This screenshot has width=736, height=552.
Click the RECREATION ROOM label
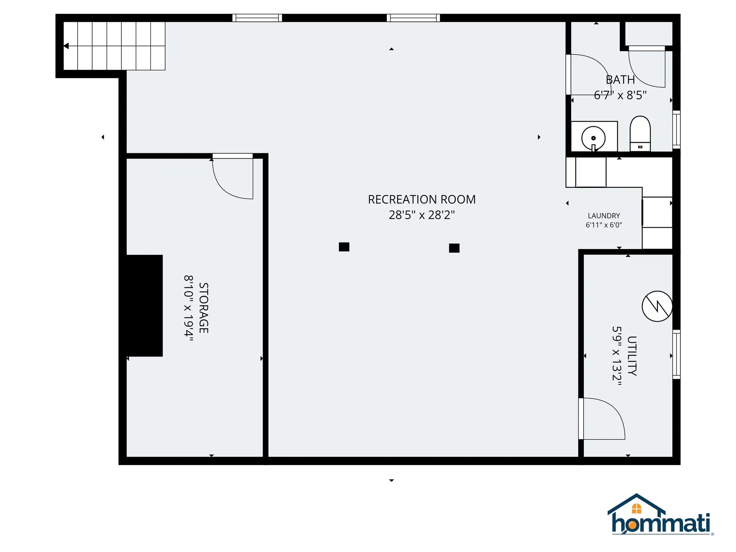[422, 199]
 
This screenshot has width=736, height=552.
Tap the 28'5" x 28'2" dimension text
[422, 215]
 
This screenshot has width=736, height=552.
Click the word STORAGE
[204, 308]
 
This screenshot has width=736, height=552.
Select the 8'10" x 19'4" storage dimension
[189, 308]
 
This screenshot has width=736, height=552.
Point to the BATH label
[620, 80]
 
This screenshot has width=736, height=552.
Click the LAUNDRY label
[604, 216]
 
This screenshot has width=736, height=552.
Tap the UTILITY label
[632, 356]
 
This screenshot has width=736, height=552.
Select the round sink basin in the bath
[593, 138]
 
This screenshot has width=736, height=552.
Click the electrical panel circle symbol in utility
[657, 306]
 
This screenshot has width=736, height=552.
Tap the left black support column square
[344, 247]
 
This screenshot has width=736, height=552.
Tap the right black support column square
[454, 248]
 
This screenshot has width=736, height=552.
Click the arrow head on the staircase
[66, 46]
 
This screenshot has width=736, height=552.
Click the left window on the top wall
[257, 18]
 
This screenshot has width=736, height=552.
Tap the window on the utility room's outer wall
[677, 354]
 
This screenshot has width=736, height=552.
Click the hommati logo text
[661, 523]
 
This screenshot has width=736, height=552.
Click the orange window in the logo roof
[636, 509]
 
